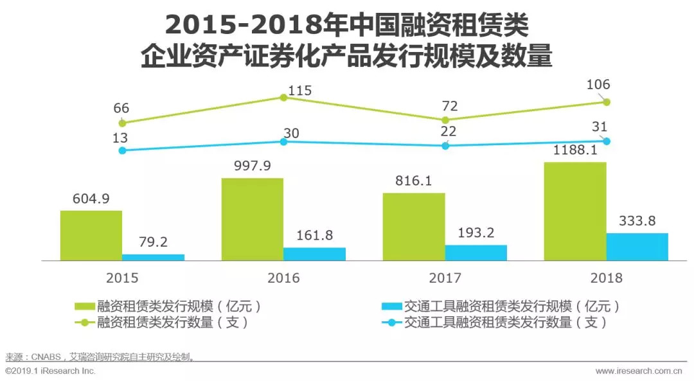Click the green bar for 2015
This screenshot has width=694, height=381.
pyautogui.click(x=91, y=235)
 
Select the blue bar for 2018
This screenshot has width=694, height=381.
pyautogui.click(x=637, y=247)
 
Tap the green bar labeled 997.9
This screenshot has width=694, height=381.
pyautogui.click(x=253, y=219)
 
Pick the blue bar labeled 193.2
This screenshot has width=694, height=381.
pyautogui.click(x=476, y=253)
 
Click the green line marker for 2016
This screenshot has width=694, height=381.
pyautogui.click(x=283, y=98)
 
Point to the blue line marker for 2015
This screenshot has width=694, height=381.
pyautogui.click(x=121, y=150)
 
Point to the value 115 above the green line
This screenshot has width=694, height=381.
pyautogui.click(x=299, y=91)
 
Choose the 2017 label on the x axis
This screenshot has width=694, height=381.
pyautogui.click(x=445, y=278)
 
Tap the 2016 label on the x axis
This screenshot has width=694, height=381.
pyautogui.click(x=283, y=278)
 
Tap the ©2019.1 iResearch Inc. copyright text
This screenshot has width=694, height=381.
pyautogui.click(x=50, y=371)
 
